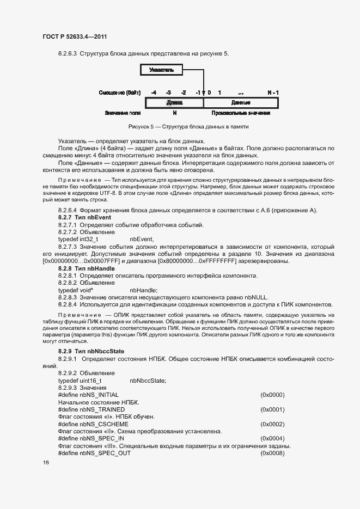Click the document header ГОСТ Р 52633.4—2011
click(x=74, y=36)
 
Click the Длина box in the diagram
click(x=174, y=102)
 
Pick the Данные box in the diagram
click(x=241, y=102)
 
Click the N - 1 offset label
click(x=273, y=93)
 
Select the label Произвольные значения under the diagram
click(x=241, y=113)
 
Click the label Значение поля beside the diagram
click(x=123, y=113)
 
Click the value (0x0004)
click(x=272, y=438)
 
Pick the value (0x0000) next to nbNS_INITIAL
click(x=272, y=395)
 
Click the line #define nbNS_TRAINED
click(x=91, y=409)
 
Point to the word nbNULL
click(x=257, y=297)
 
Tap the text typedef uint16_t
click(x=80, y=381)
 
